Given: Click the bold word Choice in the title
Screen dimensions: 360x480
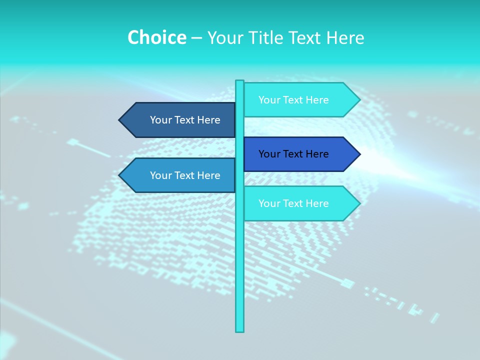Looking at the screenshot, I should point(156,37).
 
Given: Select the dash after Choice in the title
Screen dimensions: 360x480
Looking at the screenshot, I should point(196,38).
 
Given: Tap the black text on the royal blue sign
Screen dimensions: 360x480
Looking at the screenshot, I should point(293,154).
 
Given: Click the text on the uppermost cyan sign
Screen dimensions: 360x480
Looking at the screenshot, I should point(293,100).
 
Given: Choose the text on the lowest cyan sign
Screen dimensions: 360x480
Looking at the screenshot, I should point(293,203).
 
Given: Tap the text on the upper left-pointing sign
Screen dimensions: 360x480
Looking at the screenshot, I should point(185,120).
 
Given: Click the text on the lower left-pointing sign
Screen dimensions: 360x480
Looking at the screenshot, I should point(185,175).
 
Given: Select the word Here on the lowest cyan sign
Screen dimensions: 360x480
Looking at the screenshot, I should point(318,203).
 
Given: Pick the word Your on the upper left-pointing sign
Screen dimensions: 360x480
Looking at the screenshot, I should point(160,120).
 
